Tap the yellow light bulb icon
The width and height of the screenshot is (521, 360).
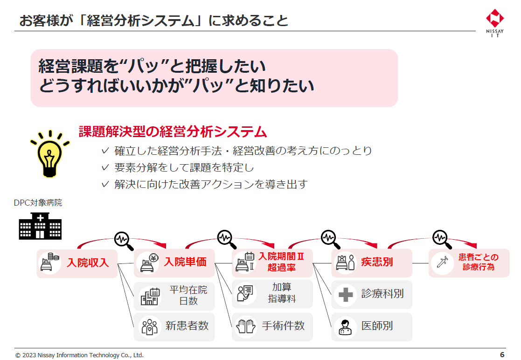pos(49,153)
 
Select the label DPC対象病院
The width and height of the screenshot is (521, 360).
pos(38,203)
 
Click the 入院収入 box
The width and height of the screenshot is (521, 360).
pos(77,263)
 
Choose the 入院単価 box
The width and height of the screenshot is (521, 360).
pos(174,263)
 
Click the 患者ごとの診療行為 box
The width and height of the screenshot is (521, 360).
pos(469,263)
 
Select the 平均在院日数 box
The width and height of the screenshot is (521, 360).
pos(174,296)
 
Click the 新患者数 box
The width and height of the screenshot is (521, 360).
pos(174,326)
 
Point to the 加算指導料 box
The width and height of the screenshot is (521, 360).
pos(272,293)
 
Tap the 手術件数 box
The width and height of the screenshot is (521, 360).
pos(272,326)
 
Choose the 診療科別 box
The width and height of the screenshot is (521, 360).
pos(372,294)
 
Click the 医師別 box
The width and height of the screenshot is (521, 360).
pos(372,326)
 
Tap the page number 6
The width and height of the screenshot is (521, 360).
pos(502,354)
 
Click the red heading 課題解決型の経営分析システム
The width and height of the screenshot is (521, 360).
pos(173,132)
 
